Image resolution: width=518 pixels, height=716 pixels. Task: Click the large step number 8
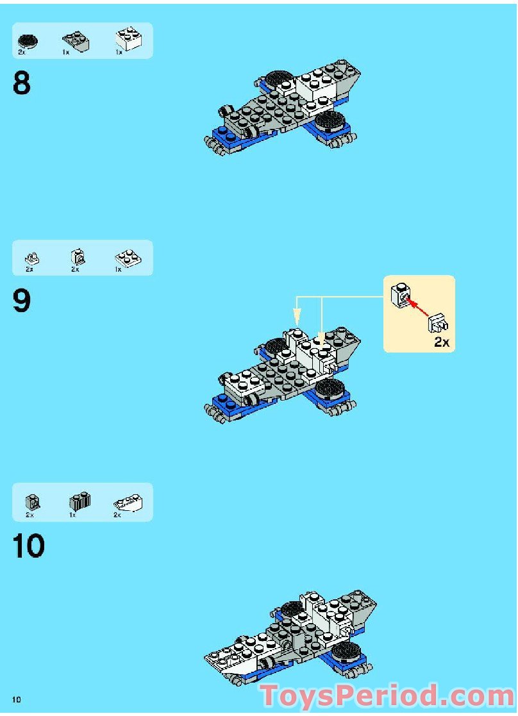click(x=21, y=83)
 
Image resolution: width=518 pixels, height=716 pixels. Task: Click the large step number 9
click(x=21, y=301)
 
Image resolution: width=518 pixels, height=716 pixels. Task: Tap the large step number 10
click(x=29, y=546)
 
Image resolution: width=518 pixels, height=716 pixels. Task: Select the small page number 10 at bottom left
click(x=16, y=699)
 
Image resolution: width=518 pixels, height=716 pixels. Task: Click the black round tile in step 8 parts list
click(x=28, y=41)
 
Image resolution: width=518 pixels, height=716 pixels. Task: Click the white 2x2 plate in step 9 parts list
click(x=129, y=258)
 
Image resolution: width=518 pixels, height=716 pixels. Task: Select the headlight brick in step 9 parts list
click(x=77, y=258)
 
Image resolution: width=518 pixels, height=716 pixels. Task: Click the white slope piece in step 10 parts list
click(x=129, y=503)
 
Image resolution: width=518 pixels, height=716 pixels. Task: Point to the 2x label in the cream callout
click(x=442, y=342)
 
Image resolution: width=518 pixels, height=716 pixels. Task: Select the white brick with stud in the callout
click(x=401, y=295)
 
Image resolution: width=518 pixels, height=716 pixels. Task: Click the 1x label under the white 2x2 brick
click(x=119, y=53)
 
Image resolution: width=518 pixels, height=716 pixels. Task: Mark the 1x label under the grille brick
click(x=72, y=515)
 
